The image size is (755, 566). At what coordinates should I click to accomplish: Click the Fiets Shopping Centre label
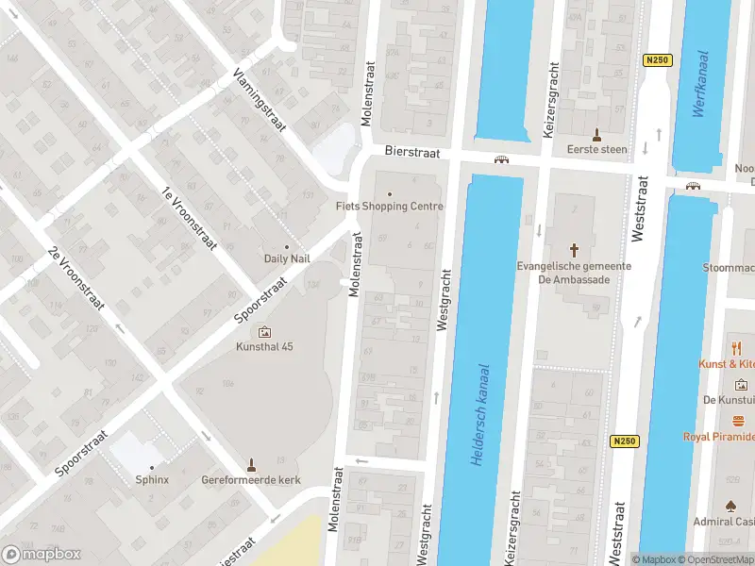tap(389, 207)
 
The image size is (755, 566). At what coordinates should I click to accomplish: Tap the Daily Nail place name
tap(287, 258)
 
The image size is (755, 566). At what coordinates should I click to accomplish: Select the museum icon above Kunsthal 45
tap(263, 332)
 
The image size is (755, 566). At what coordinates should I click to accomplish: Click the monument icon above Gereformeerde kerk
tap(251, 464)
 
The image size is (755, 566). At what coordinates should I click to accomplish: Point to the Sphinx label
tap(151, 479)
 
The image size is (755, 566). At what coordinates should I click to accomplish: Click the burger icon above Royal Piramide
tap(740, 421)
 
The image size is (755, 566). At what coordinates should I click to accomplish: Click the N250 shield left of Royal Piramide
tap(625, 441)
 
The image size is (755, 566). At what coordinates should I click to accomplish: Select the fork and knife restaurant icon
tap(737, 348)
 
